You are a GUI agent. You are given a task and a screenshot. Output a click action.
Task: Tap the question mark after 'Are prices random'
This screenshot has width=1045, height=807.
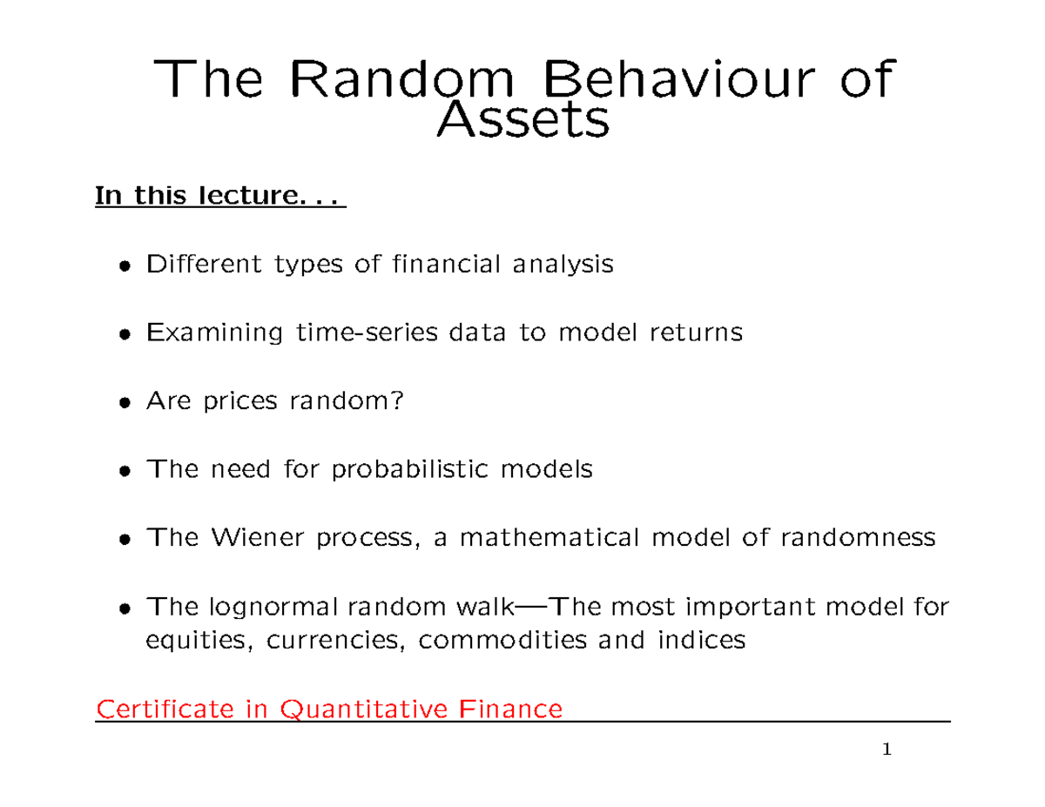click(399, 401)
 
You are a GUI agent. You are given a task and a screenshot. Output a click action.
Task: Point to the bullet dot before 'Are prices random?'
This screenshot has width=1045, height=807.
click(127, 403)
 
